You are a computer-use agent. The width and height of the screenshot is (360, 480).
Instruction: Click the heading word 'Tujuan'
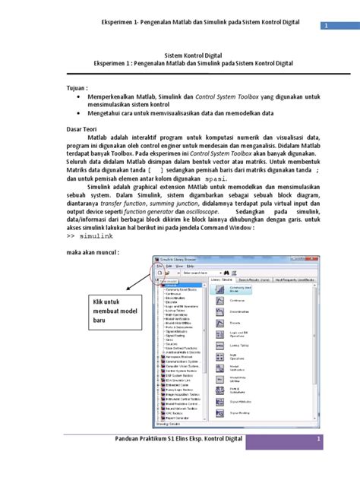pyautogui.click(x=72, y=87)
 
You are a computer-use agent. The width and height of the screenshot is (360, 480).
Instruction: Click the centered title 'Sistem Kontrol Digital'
pyautogui.click(x=180, y=55)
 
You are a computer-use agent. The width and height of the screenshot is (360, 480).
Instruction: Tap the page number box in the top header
pyautogui.click(x=327, y=26)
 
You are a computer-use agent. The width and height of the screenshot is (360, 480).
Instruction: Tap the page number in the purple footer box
pyautogui.click(x=320, y=460)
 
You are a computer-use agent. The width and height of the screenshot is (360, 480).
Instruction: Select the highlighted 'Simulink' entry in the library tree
pyautogui.click(x=170, y=285)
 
